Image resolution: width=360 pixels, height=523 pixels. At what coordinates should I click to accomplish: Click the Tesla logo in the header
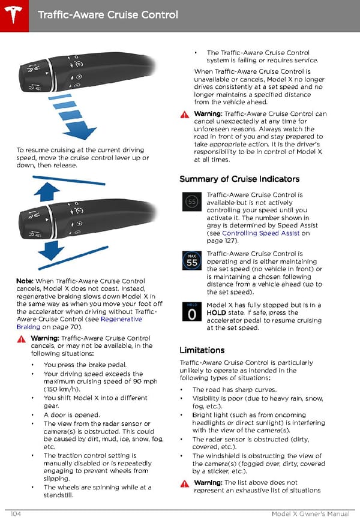[x=13, y=13]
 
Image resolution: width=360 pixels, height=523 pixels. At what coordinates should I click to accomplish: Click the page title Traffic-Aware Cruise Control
[x=107, y=14]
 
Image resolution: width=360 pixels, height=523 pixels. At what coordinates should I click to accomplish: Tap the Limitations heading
[x=202, y=350]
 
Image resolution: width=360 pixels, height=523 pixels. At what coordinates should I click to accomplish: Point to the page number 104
[x=17, y=515]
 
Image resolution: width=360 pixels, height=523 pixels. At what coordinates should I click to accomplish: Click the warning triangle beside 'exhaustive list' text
[x=184, y=483]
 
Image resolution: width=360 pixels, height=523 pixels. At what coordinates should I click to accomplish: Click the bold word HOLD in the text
[x=216, y=312]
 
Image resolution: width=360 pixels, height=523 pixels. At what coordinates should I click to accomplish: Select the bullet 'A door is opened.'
[x=72, y=414]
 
